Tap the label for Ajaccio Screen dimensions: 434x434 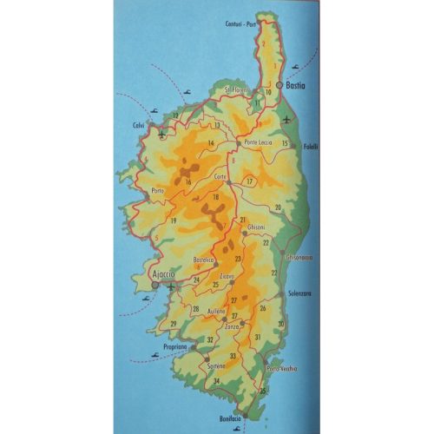[x=164, y=275]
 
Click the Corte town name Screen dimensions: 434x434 [x=221, y=177]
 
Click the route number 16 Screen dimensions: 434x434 [x=187, y=181]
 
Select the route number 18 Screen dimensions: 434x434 [x=215, y=199]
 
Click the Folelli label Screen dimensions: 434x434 [x=310, y=146]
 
